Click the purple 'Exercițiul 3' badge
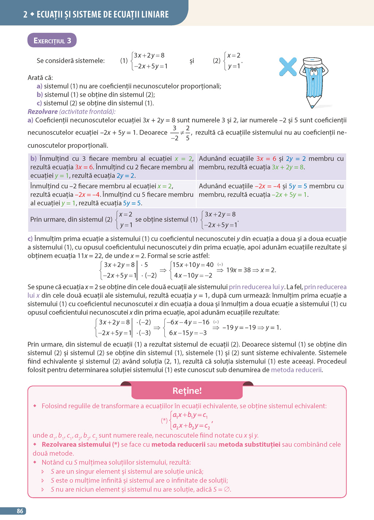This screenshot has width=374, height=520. pos(52,41)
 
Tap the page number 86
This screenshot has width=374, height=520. pos(20,511)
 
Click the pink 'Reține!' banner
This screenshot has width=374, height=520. pos(187,391)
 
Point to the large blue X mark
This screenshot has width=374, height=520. pos(288,66)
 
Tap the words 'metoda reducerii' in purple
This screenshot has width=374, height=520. pos(296,370)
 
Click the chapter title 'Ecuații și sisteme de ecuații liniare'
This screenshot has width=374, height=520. pos(103,15)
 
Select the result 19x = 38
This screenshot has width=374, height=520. pos(238,270)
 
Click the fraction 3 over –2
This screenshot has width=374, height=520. pos(175,133)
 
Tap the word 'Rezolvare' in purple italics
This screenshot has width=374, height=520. pos(42,112)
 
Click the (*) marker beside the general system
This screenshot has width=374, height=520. pos(164,421)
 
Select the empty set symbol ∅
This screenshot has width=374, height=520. pos(227,489)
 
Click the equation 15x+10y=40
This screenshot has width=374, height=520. pos(193,265)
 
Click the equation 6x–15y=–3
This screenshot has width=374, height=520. pos(188,333)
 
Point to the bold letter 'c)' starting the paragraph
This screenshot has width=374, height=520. pos(30,239)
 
